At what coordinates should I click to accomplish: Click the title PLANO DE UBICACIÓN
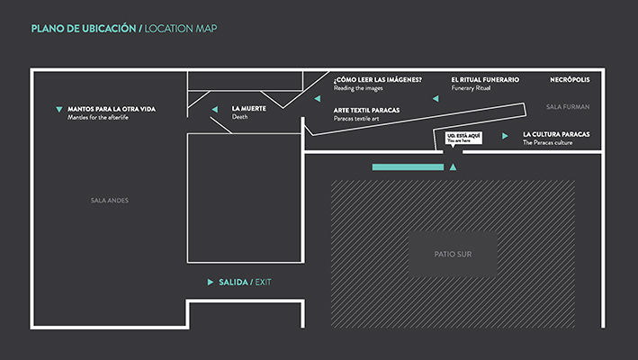pyautogui.click(x=84, y=29)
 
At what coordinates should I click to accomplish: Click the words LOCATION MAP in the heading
pyautogui.click(x=181, y=29)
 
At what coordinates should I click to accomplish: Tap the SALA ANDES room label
pyautogui.click(x=110, y=200)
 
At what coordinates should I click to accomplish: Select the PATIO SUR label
pyautogui.click(x=453, y=254)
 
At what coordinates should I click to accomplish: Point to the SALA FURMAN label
pyautogui.click(x=568, y=106)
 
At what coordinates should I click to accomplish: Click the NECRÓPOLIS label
pyautogui.click(x=570, y=80)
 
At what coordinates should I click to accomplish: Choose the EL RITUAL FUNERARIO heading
pyautogui.click(x=485, y=80)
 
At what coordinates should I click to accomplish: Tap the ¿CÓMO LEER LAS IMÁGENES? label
pyautogui.click(x=378, y=80)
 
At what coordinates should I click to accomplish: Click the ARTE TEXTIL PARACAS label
pyautogui.click(x=366, y=110)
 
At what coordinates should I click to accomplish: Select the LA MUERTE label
pyautogui.click(x=248, y=109)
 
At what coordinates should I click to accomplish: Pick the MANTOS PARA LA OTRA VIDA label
pyautogui.click(x=112, y=109)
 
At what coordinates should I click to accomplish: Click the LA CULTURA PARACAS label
pyautogui.click(x=556, y=134)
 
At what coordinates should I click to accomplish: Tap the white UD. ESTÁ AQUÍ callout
pyautogui.click(x=463, y=138)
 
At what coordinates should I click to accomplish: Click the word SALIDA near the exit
pyautogui.click(x=233, y=283)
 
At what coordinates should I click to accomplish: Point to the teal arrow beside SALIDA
pyautogui.click(x=211, y=283)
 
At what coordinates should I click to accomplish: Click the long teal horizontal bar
pyautogui.click(x=408, y=167)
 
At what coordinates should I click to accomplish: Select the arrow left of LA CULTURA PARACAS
pyautogui.click(x=505, y=136)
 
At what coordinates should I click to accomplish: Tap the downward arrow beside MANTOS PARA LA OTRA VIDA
pyautogui.click(x=59, y=109)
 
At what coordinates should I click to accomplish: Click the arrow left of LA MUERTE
pyautogui.click(x=215, y=109)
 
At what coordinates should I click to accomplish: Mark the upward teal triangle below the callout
pyautogui.click(x=453, y=167)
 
